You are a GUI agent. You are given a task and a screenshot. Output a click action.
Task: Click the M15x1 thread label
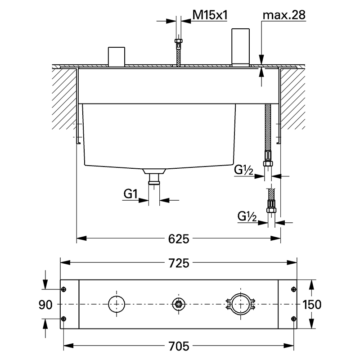click(210, 15)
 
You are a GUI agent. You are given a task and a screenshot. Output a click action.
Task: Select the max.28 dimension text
click(284, 15)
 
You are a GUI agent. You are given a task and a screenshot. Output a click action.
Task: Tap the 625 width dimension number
click(179, 239)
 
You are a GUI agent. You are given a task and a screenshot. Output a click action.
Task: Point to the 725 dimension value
click(179, 263)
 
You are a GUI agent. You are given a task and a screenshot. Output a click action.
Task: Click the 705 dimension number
click(179, 346)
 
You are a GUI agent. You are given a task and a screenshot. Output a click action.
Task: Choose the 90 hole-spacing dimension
click(45, 305)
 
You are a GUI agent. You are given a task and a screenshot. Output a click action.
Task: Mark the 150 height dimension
click(312, 305)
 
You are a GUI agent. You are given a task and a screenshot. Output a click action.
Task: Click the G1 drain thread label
click(130, 194)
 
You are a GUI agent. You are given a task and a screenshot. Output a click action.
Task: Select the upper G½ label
click(243, 170)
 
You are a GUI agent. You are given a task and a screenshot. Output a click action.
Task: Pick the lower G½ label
click(247, 216)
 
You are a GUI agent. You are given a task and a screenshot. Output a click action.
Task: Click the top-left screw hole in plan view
click(64, 289)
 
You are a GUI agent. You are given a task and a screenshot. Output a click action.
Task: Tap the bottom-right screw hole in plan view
click(294, 319)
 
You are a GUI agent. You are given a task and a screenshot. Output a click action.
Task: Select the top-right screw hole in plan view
click(294, 289)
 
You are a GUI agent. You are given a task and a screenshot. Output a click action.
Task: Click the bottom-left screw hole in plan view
click(64, 319)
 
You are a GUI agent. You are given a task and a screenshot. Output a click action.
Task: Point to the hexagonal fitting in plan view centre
click(179, 304)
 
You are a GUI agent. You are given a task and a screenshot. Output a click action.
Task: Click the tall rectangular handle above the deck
click(240, 47)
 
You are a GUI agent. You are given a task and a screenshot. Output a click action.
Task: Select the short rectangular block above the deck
click(117, 57)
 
